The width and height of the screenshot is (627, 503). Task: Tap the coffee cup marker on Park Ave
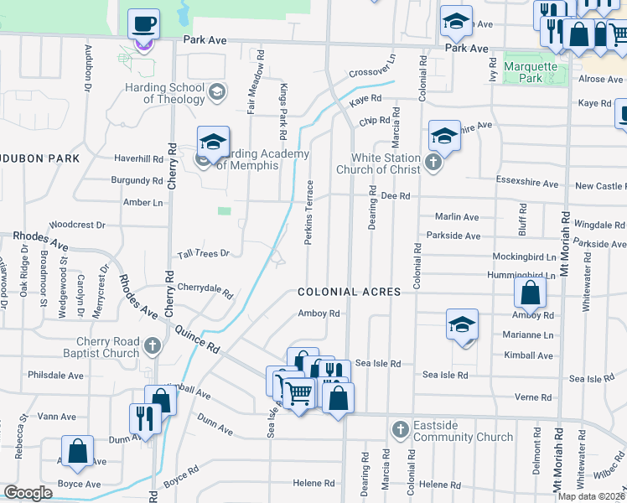[x=143, y=23]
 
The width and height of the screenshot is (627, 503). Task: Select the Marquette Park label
[x=530, y=72]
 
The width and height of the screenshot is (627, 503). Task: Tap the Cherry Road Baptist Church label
[x=107, y=347]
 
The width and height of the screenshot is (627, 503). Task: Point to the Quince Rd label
[x=197, y=339]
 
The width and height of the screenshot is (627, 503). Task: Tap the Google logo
[x=28, y=493]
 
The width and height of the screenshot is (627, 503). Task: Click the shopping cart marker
[x=298, y=391]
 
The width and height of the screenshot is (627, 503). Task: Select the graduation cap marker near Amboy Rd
[x=462, y=325]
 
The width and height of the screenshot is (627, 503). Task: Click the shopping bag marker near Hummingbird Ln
[x=530, y=293]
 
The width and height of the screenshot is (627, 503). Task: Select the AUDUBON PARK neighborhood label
[x=39, y=158]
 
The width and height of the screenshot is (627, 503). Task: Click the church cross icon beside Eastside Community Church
[x=400, y=430]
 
